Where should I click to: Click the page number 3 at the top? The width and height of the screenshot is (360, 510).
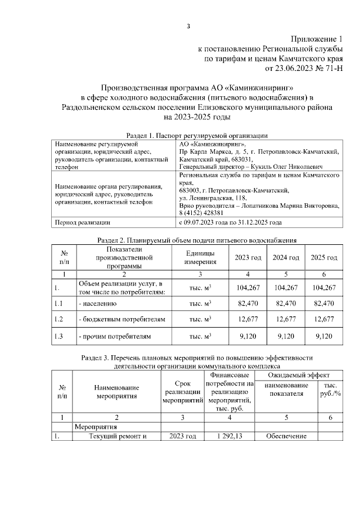point(189,26)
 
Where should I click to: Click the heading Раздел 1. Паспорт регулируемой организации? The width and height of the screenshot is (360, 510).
point(196,135)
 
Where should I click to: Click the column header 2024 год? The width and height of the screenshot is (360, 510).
point(286,257)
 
